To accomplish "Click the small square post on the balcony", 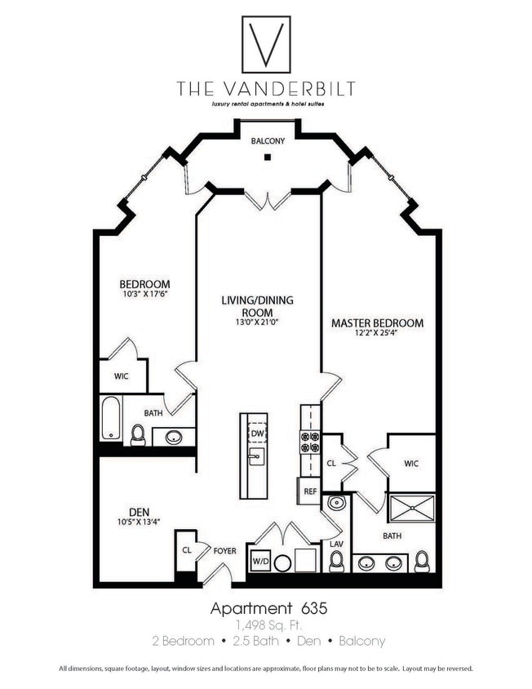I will (x=267, y=157).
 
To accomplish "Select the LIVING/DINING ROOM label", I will (x=257, y=306).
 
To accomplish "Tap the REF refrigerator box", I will (x=310, y=491).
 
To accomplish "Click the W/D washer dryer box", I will (x=260, y=562).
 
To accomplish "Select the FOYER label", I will (x=224, y=551).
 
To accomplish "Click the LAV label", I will (x=336, y=543).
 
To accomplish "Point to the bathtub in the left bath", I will (x=110, y=418).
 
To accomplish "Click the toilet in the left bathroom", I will (x=138, y=435).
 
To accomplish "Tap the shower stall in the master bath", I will (x=413, y=509).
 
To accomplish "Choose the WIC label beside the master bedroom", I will (x=411, y=464).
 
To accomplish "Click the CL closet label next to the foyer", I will (x=186, y=549).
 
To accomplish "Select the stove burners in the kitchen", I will (x=310, y=442).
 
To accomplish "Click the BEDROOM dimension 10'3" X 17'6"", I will (x=144, y=295).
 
